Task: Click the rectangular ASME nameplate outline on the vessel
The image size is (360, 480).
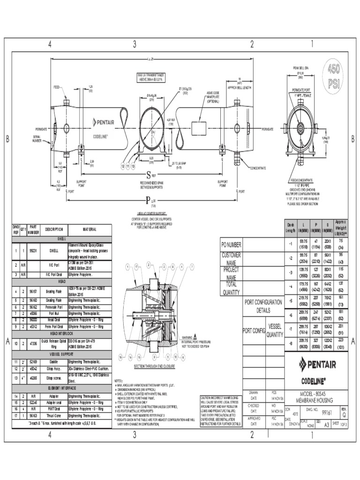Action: tap(201, 128)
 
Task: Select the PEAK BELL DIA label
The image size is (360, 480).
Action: tap(300, 68)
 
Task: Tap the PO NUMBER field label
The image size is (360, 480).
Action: tap(231, 245)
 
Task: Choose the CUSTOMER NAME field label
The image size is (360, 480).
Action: tap(231, 259)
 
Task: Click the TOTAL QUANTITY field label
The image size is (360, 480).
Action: tap(231, 288)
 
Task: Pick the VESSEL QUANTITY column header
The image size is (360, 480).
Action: tap(275, 330)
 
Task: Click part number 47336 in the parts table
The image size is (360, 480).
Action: tap(34, 344)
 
